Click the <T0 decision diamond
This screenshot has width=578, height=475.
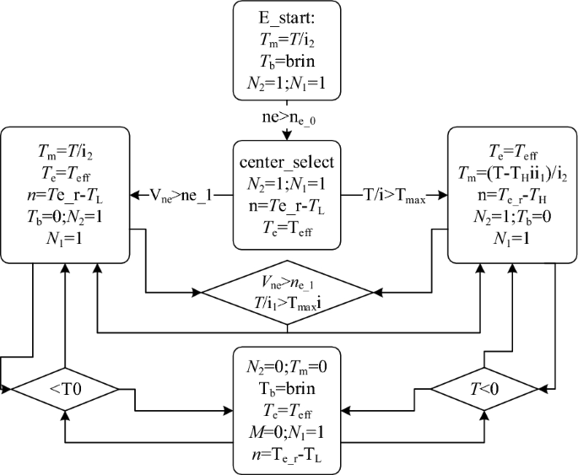64,390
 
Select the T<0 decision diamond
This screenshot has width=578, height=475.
485,390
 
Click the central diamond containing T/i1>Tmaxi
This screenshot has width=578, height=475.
289,293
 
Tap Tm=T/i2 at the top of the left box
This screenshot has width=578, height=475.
64,149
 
